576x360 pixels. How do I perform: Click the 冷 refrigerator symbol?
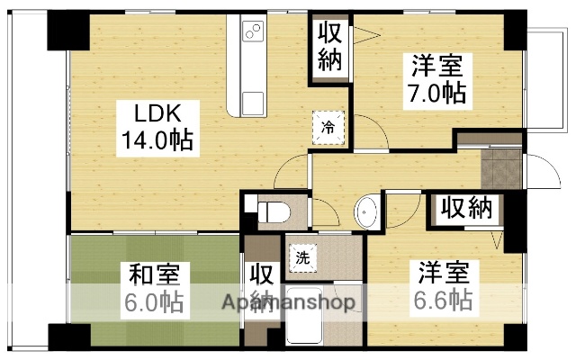[327, 127]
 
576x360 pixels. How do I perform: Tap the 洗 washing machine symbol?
[302, 256]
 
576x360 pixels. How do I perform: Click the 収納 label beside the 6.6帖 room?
[466, 209]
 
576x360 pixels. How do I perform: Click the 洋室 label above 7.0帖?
[437, 66]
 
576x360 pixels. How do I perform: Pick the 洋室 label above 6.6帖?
[440, 271]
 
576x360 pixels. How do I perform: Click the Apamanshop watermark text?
[288, 301]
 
